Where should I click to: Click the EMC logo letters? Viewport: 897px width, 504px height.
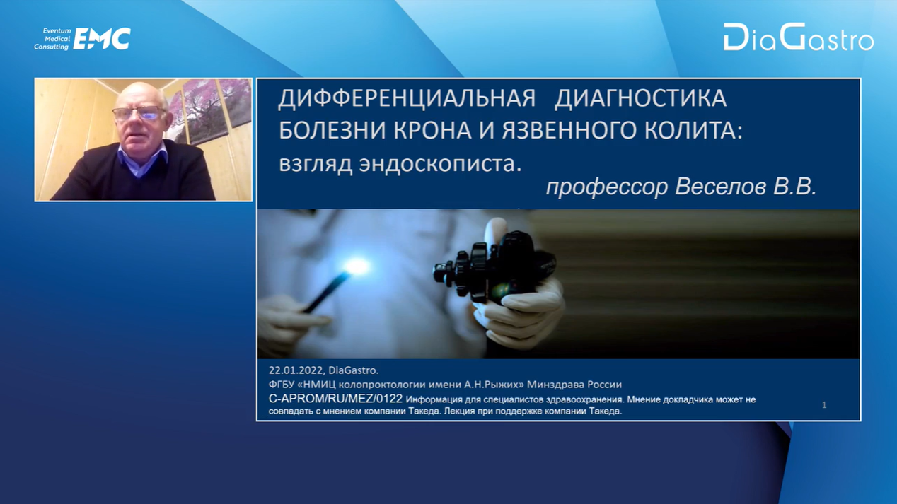click(102, 39)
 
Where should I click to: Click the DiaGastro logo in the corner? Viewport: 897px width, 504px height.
click(799, 37)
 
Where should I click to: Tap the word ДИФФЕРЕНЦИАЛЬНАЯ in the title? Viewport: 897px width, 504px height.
click(407, 98)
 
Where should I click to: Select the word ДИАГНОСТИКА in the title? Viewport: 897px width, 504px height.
click(640, 98)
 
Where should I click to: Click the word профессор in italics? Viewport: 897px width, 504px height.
click(607, 187)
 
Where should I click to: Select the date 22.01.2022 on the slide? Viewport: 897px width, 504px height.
click(296, 370)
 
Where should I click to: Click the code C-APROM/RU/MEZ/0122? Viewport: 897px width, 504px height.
click(335, 399)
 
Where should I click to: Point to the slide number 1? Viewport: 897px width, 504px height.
click(824, 405)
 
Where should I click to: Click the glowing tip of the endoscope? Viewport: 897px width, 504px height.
click(357, 266)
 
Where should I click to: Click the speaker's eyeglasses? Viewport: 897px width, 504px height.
click(139, 114)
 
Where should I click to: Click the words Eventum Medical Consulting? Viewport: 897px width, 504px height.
click(52, 39)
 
